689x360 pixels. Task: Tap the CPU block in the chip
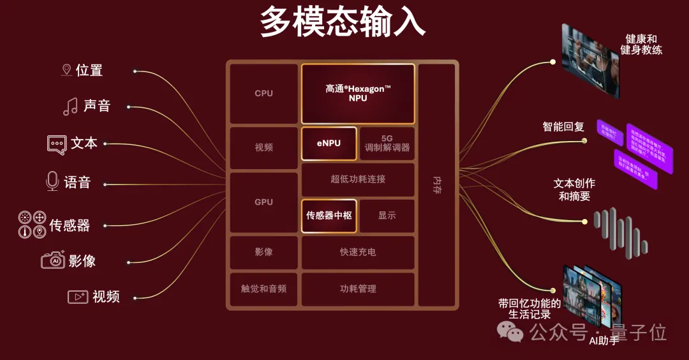(x=263, y=93)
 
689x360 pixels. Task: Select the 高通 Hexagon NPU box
(x=358, y=93)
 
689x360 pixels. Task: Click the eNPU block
(x=329, y=143)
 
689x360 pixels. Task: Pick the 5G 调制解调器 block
(x=387, y=143)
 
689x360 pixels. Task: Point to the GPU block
(x=263, y=202)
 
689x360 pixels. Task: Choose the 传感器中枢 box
(x=329, y=216)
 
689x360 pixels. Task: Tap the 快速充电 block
(x=358, y=252)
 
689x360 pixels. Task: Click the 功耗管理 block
(x=358, y=289)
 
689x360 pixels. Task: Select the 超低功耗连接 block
(x=358, y=179)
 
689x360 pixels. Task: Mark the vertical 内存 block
(x=437, y=185)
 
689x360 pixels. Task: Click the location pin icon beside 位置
(x=66, y=70)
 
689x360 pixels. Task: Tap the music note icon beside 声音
(x=70, y=106)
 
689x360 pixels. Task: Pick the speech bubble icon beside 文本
(x=57, y=144)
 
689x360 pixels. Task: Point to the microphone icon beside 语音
(x=52, y=182)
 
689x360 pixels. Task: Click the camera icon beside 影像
(x=53, y=260)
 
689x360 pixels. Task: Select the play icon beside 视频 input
(x=77, y=297)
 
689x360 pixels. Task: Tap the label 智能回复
(x=563, y=126)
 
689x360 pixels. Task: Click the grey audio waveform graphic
(x=620, y=231)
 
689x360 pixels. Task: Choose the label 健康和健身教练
(x=642, y=44)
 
